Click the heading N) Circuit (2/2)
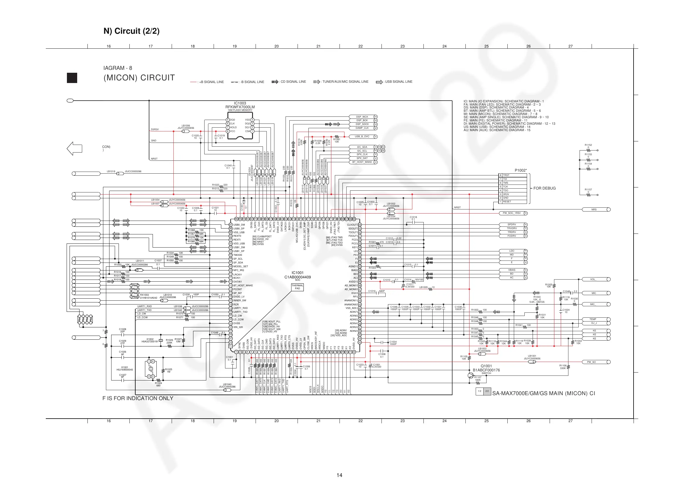[x=131, y=31]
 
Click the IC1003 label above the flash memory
[x=240, y=103]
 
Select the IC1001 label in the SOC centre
[x=298, y=273]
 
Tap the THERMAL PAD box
[x=298, y=287]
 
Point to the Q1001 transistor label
[x=486, y=366]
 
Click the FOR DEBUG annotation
[x=544, y=188]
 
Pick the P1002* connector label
[x=521, y=170]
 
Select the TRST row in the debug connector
[x=513, y=175]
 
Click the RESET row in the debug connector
[x=513, y=202]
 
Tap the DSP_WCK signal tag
[x=362, y=117]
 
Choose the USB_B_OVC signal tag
[x=362, y=137]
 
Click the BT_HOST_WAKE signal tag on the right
[x=362, y=162]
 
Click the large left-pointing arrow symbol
[x=75, y=148]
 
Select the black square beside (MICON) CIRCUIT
[x=72, y=78]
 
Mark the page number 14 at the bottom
[x=340, y=475]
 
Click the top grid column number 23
[x=403, y=46]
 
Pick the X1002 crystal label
[x=150, y=339]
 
